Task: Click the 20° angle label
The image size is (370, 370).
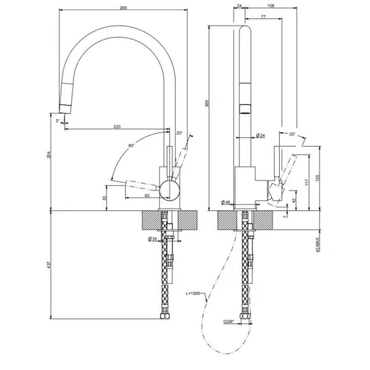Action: tap(179, 133)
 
